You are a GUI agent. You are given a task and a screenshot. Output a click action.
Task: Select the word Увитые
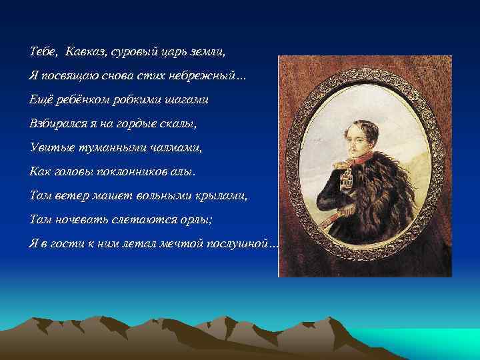coord(48,147)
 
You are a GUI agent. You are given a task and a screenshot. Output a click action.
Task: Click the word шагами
coord(188,99)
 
